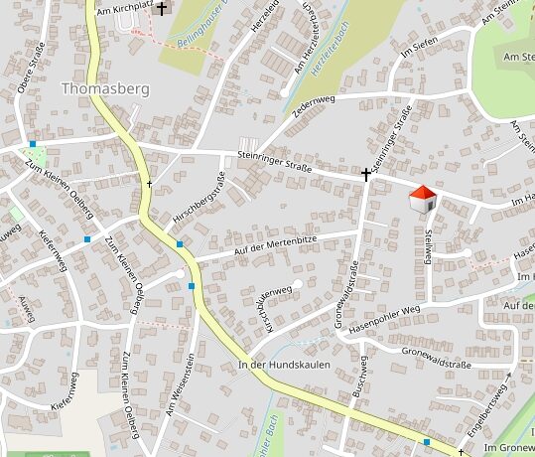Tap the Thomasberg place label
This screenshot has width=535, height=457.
[x=105, y=88]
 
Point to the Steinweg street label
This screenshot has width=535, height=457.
[x=429, y=244]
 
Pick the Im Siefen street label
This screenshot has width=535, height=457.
[x=418, y=48]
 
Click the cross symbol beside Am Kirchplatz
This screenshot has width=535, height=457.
[x=162, y=7]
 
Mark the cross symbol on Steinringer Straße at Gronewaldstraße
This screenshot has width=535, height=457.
[x=366, y=175]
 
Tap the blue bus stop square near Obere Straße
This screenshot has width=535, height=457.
[x=33, y=145]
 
